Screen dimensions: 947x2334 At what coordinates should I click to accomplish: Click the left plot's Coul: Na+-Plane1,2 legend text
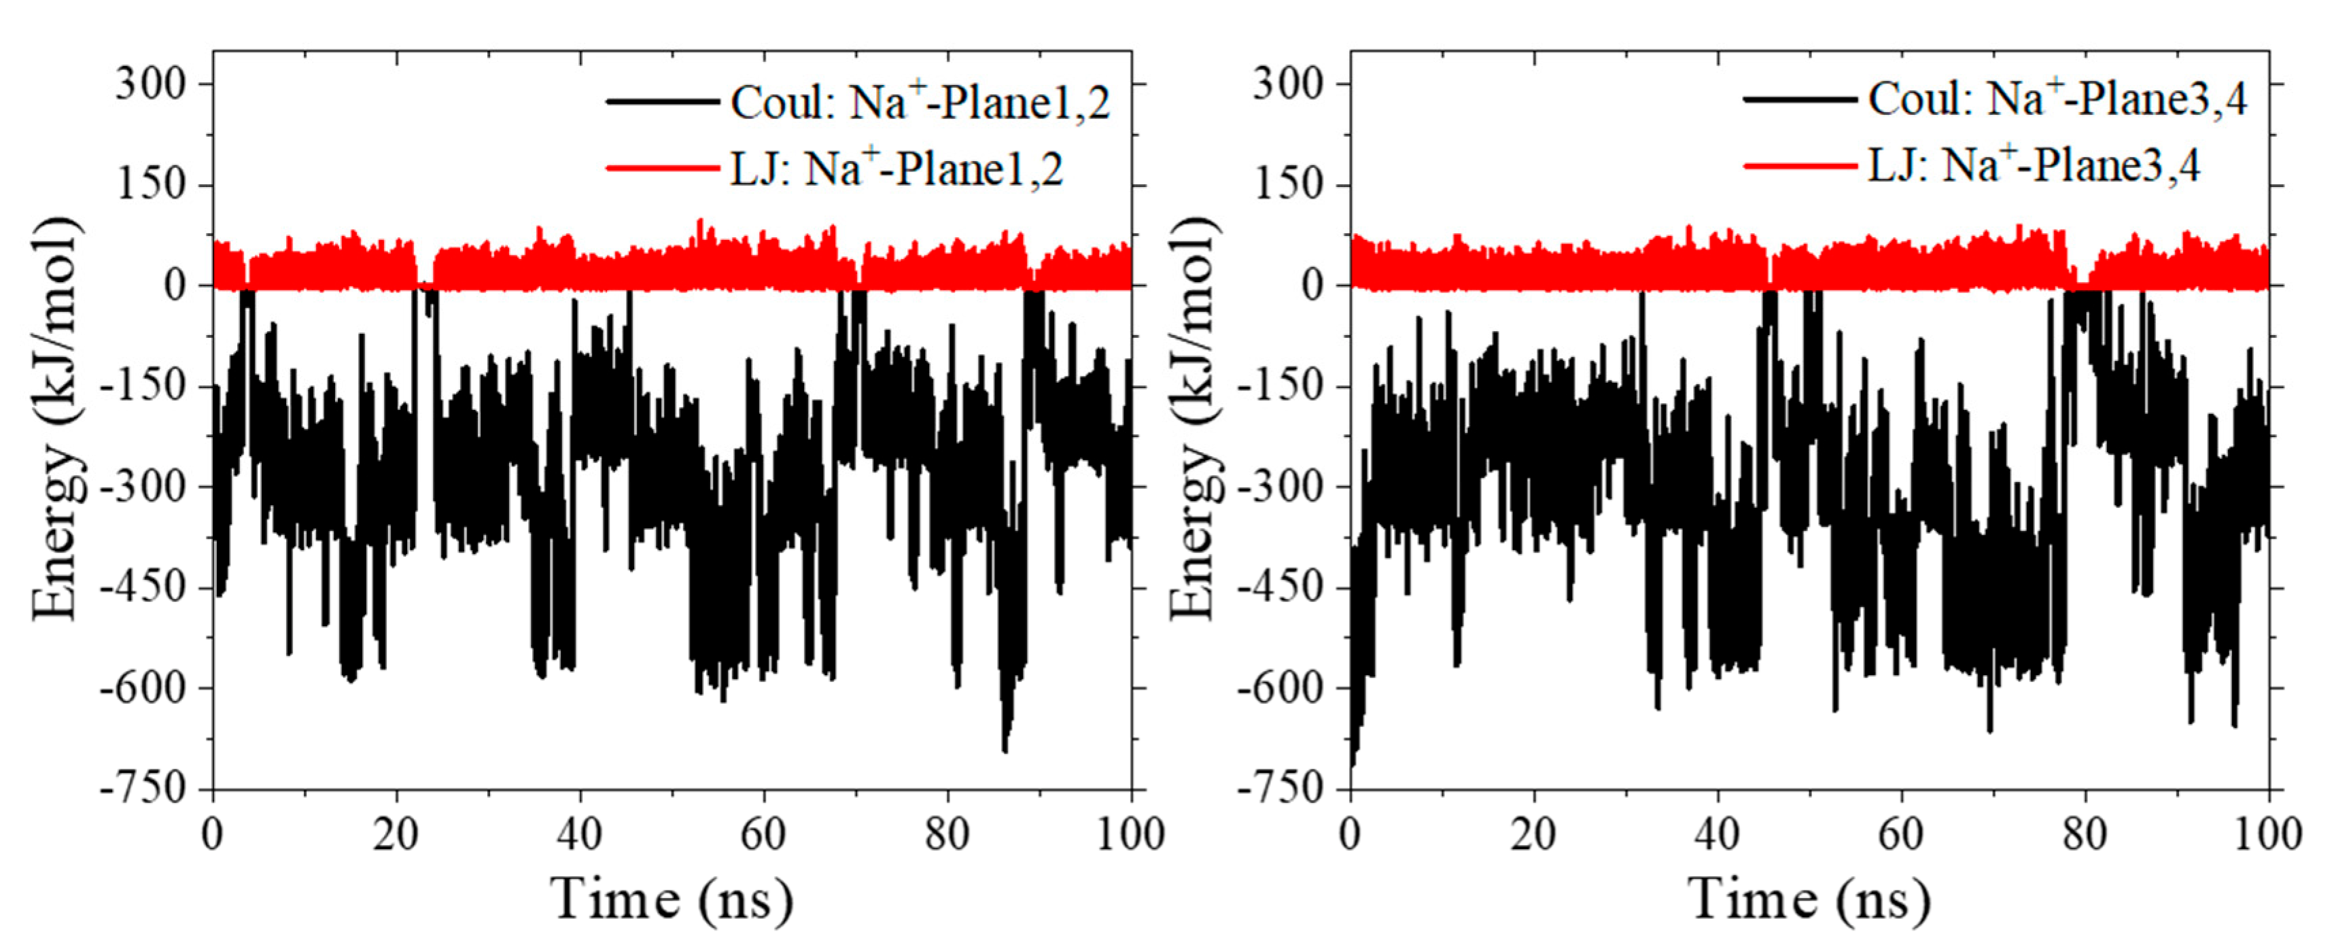920,103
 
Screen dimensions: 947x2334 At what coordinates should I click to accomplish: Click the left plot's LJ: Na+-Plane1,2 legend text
897,169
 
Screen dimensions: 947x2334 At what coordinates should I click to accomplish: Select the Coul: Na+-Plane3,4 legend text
2057,99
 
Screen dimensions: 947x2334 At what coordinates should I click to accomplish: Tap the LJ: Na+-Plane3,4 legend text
2034,166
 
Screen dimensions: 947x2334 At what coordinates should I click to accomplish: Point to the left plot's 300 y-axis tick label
150,84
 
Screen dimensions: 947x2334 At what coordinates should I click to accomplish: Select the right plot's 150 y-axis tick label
1289,185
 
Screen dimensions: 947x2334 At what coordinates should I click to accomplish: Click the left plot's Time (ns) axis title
672,899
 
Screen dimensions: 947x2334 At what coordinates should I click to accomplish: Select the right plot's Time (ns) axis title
1809,899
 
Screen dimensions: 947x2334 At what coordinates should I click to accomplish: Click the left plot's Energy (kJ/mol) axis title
56,419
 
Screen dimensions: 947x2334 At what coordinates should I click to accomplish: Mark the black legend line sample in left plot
662,101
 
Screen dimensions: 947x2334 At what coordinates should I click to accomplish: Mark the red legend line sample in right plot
1799,166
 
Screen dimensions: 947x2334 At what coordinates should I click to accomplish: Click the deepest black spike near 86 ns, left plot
1005,748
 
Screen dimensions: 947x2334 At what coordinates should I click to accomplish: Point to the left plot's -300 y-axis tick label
143,487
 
